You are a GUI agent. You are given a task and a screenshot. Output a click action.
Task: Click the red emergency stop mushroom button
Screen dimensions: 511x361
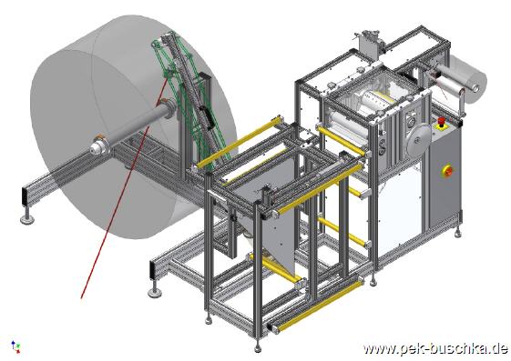tap(442, 122)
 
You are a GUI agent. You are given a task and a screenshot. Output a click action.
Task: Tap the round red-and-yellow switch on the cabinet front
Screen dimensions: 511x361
tap(448, 171)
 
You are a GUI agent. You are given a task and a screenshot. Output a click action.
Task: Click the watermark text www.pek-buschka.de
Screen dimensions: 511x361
tap(435, 348)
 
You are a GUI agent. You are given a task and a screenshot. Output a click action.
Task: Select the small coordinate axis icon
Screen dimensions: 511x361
tap(15, 346)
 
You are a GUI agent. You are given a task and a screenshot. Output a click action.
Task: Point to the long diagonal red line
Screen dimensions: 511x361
tap(125, 186)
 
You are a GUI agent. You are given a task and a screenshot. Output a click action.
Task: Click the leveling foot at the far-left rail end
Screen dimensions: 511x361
tap(26, 217)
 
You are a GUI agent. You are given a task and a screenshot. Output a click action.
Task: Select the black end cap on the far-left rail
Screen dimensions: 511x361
tap(26, 196)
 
